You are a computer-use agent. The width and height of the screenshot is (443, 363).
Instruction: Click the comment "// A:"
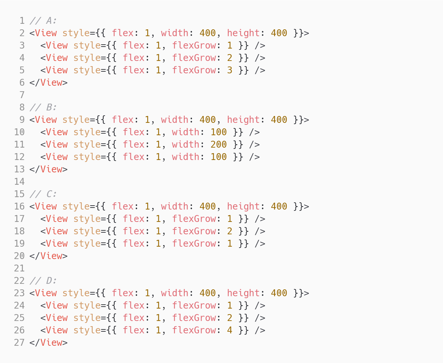[43, 21]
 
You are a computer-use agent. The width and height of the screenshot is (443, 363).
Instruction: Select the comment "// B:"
[43, 108]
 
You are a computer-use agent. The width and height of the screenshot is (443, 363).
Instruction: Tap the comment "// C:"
[43, 194]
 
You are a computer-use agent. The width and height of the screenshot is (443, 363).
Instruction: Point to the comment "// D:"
[43, 281]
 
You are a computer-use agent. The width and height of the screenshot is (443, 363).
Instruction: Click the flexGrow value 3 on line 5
[230, 70]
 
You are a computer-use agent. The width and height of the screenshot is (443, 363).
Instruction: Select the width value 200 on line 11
[219, 145]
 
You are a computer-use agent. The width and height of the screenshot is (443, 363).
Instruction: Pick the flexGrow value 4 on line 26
[230, 330]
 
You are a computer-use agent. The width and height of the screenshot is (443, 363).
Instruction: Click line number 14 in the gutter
[19, 182]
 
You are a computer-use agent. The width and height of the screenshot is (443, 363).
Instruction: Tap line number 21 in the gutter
[19, 269]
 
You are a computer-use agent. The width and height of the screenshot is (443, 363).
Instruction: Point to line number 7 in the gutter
[22, 95]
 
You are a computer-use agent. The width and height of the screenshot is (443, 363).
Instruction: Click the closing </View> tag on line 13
[49, 169]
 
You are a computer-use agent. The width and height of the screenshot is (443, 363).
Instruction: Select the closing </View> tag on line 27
[49, 343]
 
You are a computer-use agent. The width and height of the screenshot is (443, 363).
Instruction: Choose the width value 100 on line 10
[219, 132]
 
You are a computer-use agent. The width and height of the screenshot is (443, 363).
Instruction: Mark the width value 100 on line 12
[219, 157]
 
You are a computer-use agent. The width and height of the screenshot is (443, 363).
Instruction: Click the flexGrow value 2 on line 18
[230, 231]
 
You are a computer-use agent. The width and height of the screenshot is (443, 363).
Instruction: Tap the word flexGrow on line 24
[194, 306]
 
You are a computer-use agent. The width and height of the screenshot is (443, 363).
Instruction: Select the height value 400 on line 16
[279, 207]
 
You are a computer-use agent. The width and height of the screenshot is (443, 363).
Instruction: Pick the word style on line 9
[76, 120]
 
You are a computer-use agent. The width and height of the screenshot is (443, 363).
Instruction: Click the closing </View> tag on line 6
[49, 83]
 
